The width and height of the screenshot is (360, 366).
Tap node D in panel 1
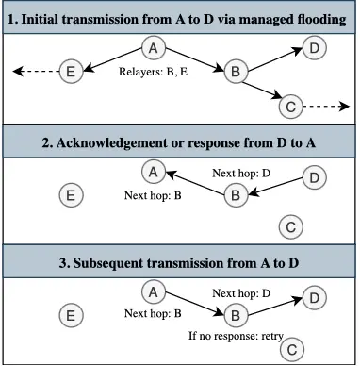click(x=317, y=47)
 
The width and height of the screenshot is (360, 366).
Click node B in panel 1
click(x=237, y=70)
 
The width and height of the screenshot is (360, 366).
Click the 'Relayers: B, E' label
click(x=155, y=71)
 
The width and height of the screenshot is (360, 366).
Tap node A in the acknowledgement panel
click(x=152, y=171)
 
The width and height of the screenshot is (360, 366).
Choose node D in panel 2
click(x=317, y=177)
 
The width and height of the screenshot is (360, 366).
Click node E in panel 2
click(x=68, y=195)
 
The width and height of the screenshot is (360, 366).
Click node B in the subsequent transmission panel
click(x=237, y=314)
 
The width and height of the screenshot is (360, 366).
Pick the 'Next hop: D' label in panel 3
click(x=241, y=293)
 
